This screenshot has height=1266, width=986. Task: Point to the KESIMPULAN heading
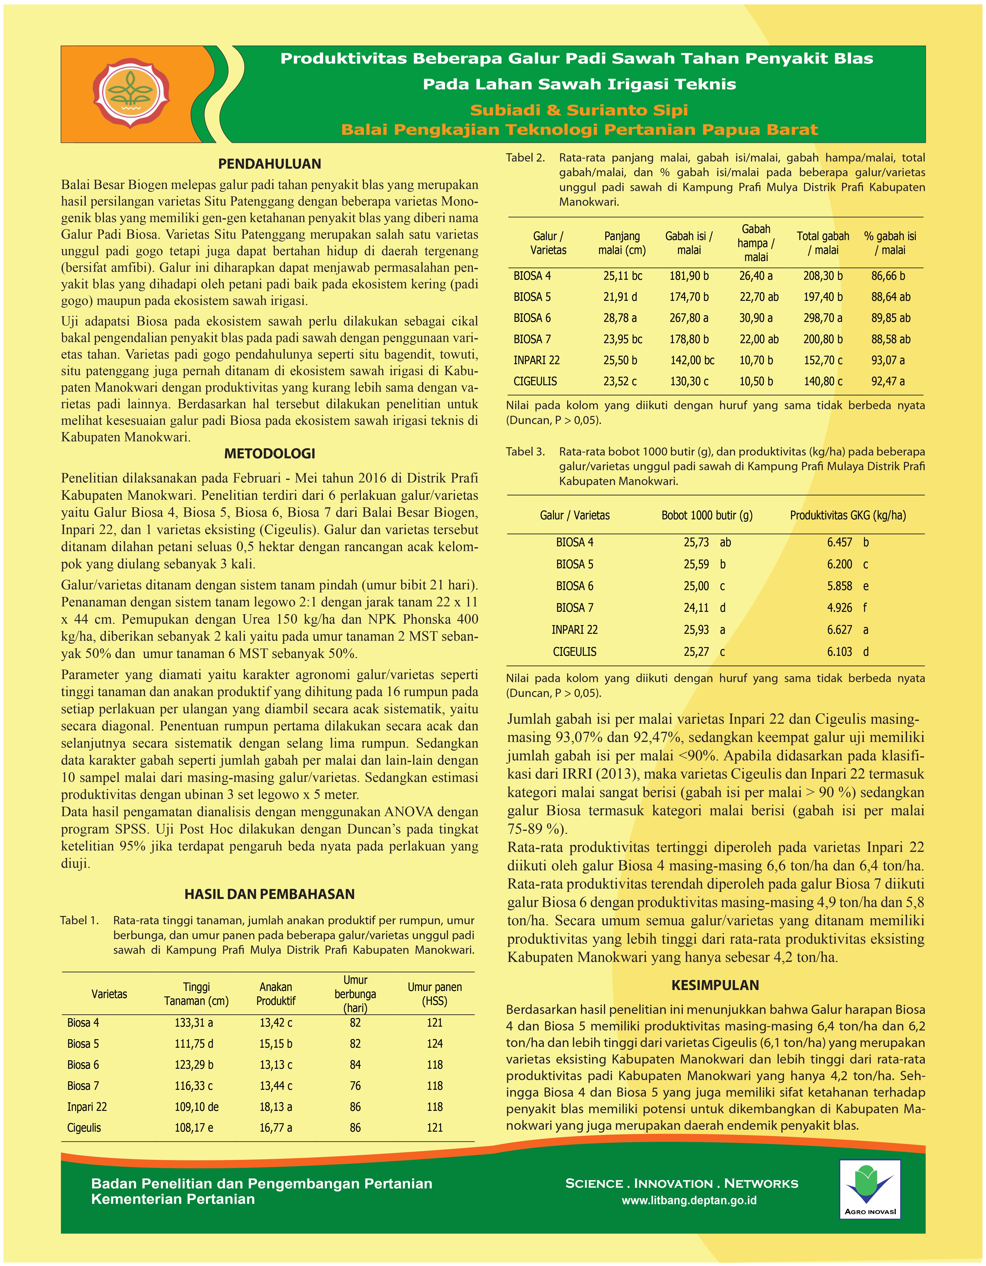point(715,985)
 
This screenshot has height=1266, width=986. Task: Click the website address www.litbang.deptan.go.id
point(689,1200)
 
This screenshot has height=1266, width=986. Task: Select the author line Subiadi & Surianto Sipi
point(579,110)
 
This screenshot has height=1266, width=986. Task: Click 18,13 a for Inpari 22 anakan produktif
point(276,1107)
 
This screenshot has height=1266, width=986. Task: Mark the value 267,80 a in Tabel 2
point(689,318)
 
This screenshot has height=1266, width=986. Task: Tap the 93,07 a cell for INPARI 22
point(887,360)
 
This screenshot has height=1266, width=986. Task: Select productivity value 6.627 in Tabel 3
point(839,630)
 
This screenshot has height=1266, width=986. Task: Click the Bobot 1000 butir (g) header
point(707,515)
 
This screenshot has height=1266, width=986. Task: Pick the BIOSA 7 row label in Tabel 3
point(575,608)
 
